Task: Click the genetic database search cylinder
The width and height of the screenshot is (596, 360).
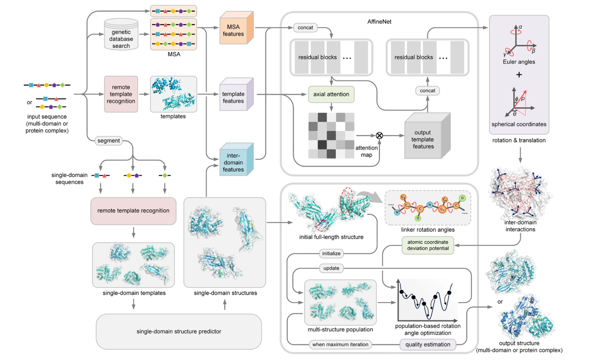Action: coord(121,34)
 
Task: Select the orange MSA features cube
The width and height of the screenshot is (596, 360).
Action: coord(236,28)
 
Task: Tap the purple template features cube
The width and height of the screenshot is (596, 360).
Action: coord(236,94)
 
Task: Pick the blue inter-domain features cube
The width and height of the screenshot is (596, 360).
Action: coord(236,159)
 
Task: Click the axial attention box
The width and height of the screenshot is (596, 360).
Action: coord(331,94)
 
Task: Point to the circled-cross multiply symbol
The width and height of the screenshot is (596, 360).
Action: coord(379,136)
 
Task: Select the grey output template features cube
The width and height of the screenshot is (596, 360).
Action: coord(427,136)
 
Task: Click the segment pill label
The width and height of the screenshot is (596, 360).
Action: coord(108,140)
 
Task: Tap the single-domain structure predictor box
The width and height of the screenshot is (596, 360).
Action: coord(179,331)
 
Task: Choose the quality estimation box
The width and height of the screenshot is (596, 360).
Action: coord(428,344)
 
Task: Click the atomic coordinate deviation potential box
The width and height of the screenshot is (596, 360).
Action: coord(428,245)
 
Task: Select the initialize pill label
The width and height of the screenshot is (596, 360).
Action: coord(331,254)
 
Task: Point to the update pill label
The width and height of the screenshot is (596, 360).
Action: coord(331,268)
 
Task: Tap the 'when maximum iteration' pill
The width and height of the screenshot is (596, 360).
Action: coord(340,344)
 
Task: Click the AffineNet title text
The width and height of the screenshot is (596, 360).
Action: coord(379,22)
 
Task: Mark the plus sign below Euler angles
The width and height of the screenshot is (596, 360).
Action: coord(519,75)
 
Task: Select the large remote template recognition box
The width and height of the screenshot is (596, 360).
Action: coord(133,211)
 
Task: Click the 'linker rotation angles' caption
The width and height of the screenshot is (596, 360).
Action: coord(428,229)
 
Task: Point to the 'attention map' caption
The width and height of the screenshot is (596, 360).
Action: coord(367,151)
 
